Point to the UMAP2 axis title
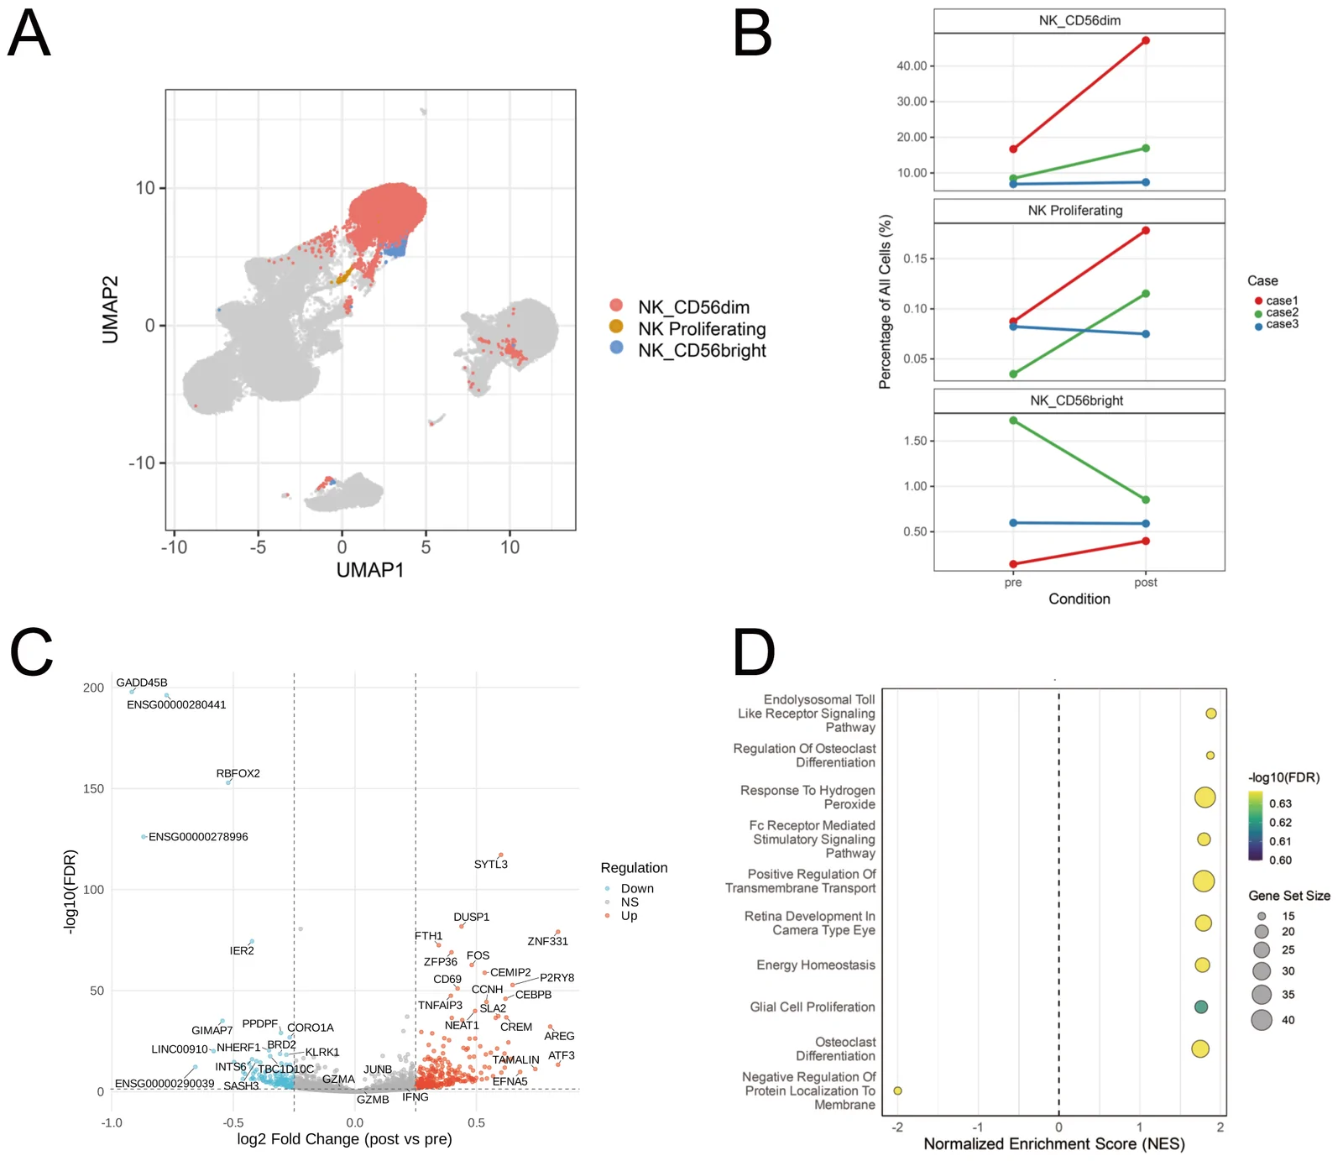pyautogui.click(x=110, y=310)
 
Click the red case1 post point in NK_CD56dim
pyautogui.click(x=1146, y=40)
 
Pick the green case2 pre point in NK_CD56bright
pyautogui.click(x=1013, y=421)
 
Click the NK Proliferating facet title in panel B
pyautogui.click(x=1075, y=211)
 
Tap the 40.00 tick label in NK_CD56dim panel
pyautogui.click(x=912, y=65)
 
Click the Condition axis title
pyautogui.click(x=1079, y=599)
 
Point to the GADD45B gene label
pyautogui.click(x=142, y=682)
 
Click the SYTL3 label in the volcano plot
pyautogui.click(x=491, y=864)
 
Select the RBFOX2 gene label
pyautogui.click(x=238, y=773)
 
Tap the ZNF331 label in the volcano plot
pyautogui.click(x=548, y=941)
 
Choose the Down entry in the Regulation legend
pyautogui.click(x=630, y=888)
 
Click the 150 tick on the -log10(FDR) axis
pyautogui.click(x=93, y=788)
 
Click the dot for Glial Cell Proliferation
pyautogui.click(x=1201, y=1007)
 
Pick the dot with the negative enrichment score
pyautogui.click(x=897, y=1090)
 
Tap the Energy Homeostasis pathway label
pyautogui.click(x=816, y=965)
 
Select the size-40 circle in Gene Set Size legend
pyautogui.click(x=1262, y=1020)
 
